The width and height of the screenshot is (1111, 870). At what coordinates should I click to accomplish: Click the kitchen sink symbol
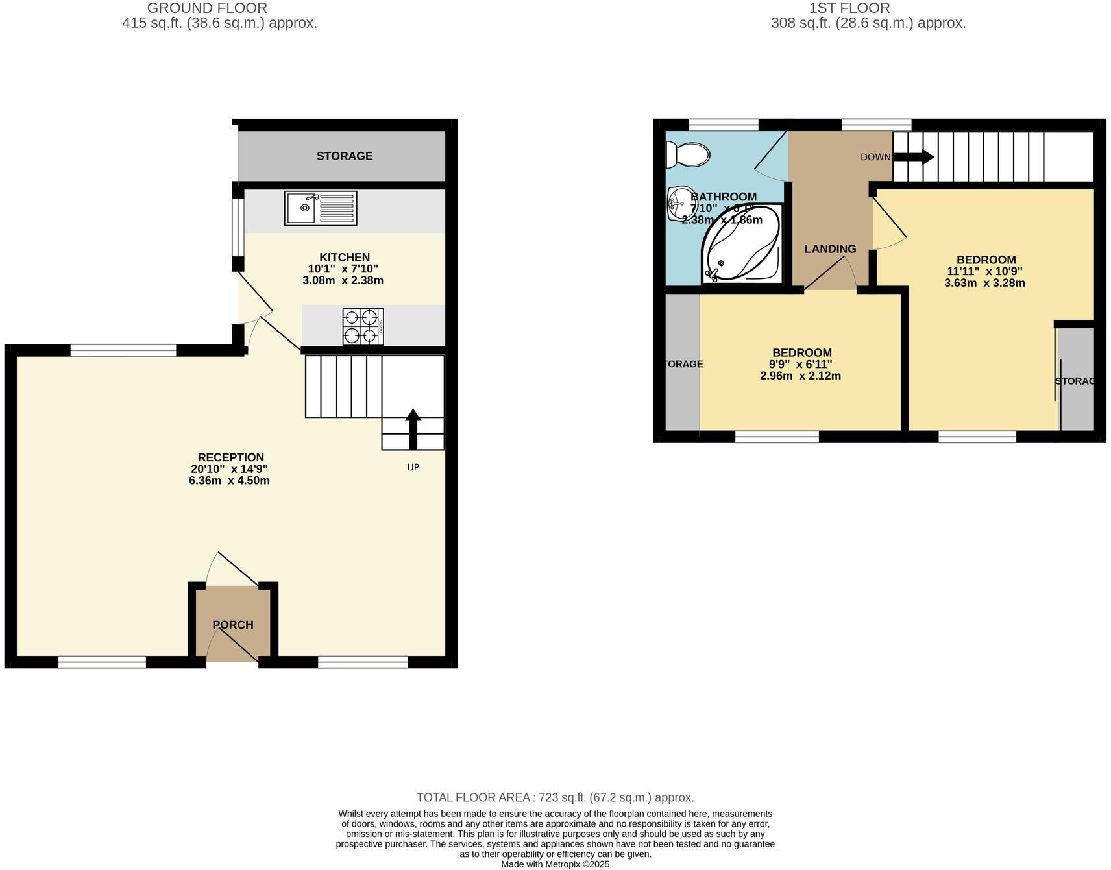click(320, 208)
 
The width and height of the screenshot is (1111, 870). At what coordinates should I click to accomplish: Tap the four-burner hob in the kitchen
click(363, 326)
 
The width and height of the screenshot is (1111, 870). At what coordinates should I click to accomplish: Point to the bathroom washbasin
click(678, 203)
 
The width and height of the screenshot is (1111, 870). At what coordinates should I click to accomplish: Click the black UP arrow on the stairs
click(413, 429)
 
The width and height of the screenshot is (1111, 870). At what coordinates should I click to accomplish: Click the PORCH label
click(233, 625)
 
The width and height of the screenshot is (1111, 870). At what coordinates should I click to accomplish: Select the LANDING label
click(830, 249)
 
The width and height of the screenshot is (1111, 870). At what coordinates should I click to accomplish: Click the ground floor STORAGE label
click(345, 156)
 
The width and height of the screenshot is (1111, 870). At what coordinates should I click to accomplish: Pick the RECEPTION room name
click(230, 457)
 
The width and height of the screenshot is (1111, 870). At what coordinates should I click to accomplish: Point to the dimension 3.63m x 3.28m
click(984, 283)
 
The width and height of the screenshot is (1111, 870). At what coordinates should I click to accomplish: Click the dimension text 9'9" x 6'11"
click(800, 365)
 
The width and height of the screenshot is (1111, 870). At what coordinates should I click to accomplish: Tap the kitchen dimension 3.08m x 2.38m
click(343, 281)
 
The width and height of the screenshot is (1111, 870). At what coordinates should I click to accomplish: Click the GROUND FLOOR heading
click(207, 8)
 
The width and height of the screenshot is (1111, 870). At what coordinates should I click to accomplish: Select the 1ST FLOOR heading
click(849, 8)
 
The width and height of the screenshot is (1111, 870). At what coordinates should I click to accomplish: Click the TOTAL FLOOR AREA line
click(555, 797)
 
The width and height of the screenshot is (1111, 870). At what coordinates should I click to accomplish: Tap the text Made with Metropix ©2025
click(555, 864)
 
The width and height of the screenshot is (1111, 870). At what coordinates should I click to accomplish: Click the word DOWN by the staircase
click(875, 157)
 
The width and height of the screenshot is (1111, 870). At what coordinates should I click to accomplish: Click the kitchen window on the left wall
click(238, 228)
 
